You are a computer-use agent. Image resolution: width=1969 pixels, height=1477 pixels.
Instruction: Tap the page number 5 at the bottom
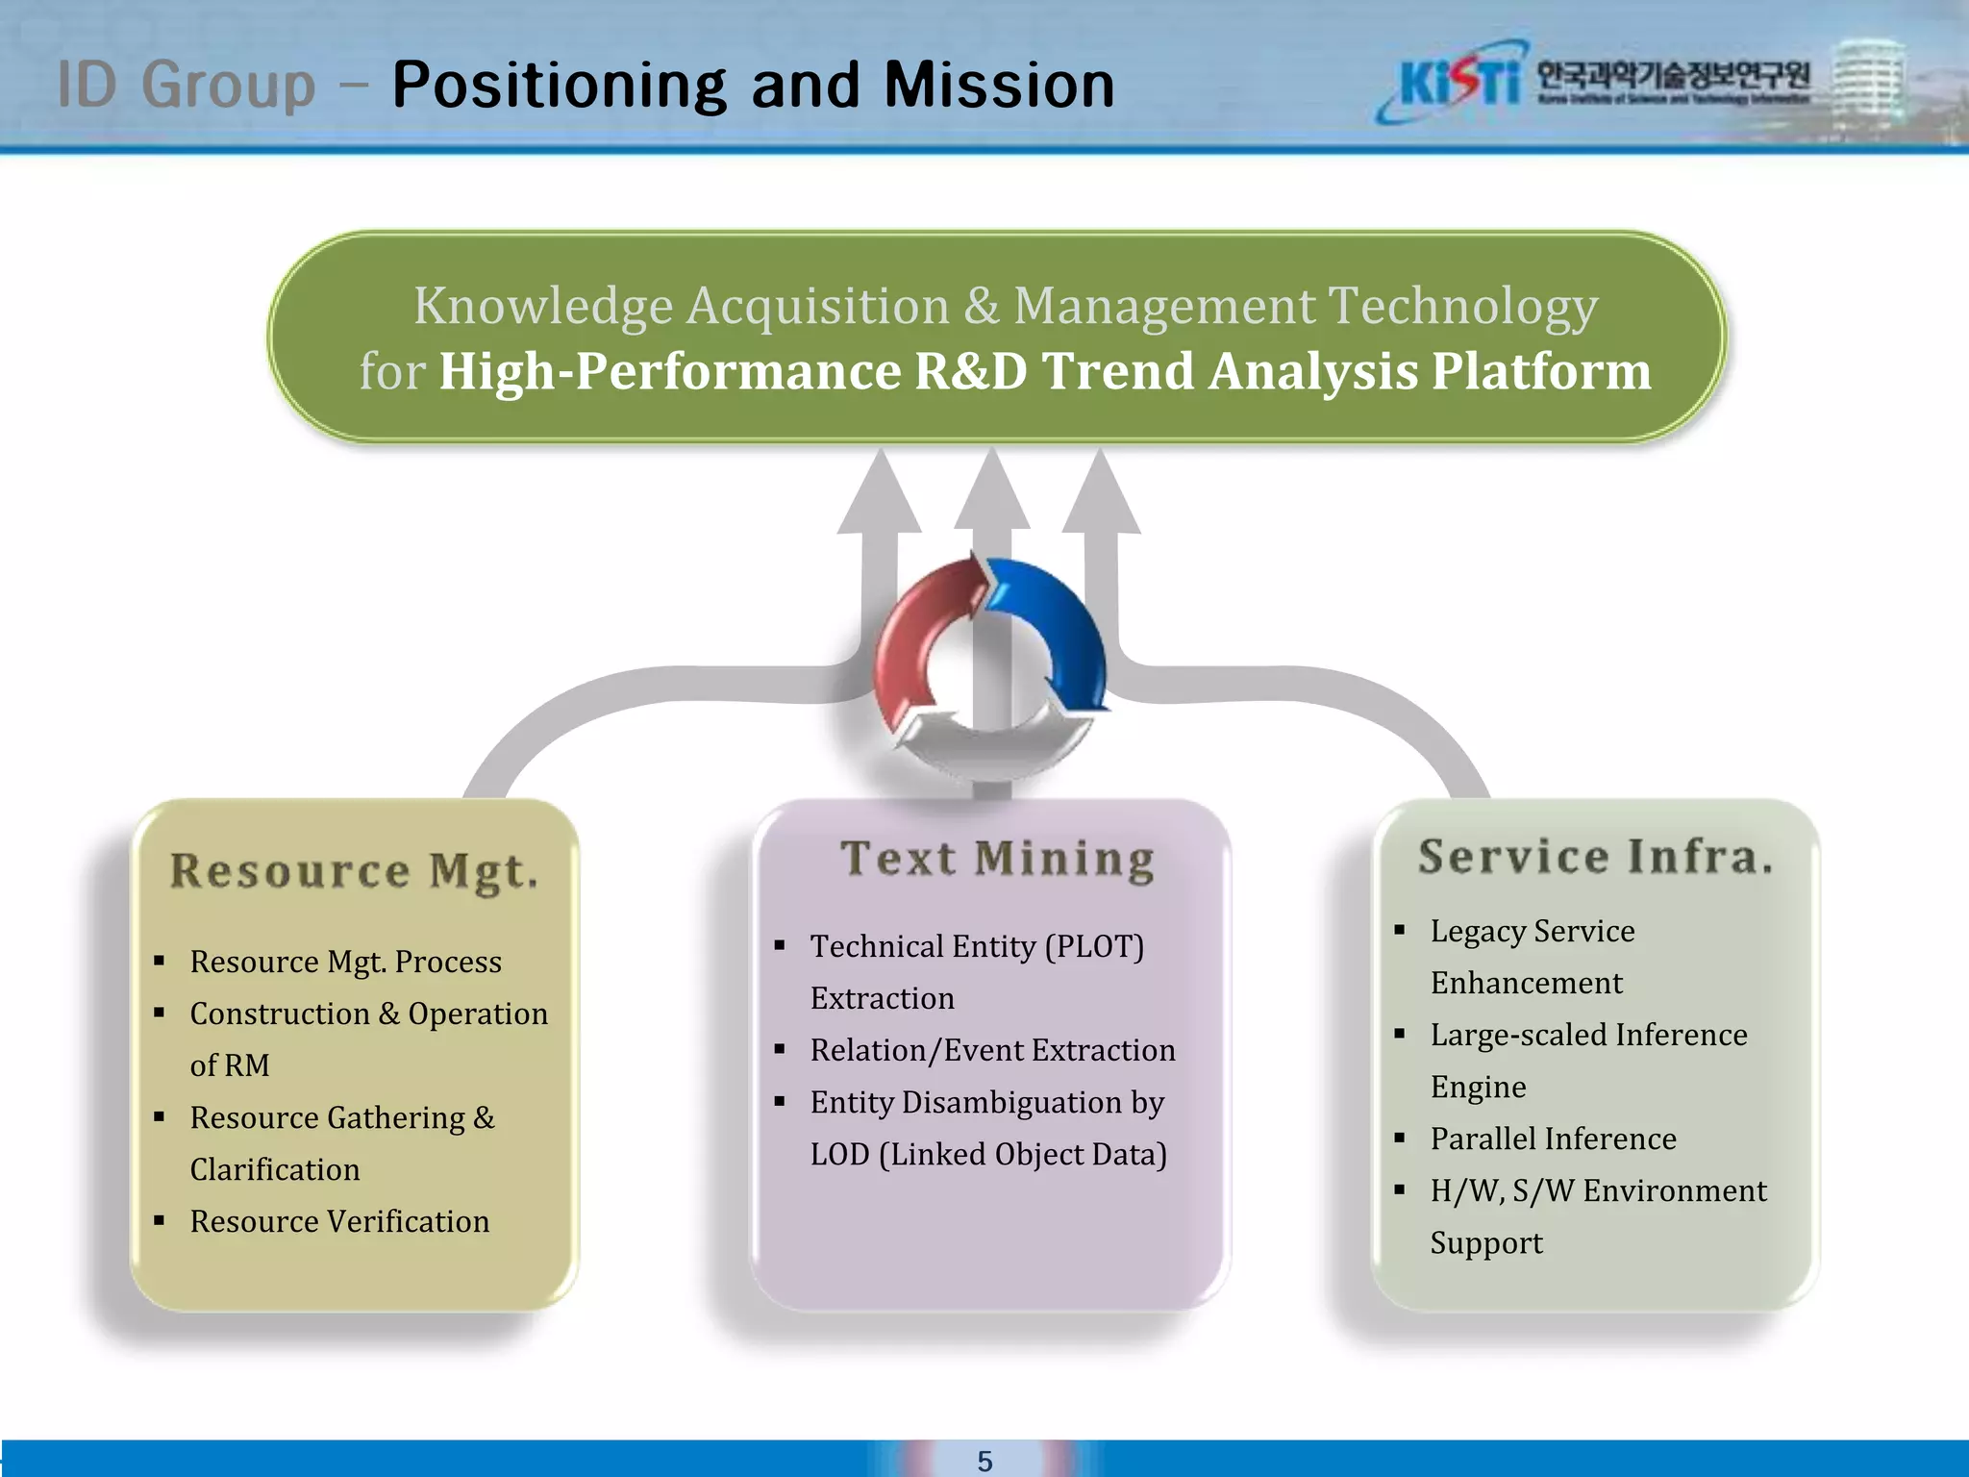coord(984,1461)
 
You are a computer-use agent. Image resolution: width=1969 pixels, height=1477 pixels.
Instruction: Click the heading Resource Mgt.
coord(354,871)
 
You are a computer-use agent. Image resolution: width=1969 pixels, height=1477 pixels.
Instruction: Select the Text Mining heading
coord(997,859)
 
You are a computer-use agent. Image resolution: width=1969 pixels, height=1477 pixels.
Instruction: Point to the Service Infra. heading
coord(1595,856)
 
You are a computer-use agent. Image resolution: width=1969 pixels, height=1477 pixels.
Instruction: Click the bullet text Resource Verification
coord(339,1221)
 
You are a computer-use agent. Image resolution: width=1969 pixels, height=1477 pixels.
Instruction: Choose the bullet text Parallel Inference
coord(1553,1139)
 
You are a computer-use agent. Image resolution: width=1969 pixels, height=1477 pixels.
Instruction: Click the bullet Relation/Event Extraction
coord(992,1050)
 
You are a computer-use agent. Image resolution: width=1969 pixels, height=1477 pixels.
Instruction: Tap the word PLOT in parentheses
coord(1095,946)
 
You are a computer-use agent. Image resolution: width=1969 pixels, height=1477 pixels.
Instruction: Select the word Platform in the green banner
coord(1540,371)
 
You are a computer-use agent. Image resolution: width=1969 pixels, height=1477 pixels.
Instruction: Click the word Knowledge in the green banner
coord(543,306)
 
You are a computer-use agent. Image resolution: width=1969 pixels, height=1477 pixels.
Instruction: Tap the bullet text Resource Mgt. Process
coord(345,962)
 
